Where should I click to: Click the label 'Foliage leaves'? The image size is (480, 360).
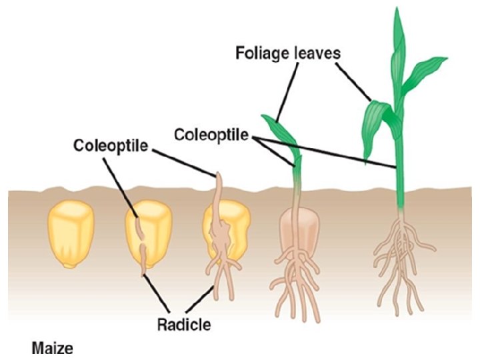point(288,53)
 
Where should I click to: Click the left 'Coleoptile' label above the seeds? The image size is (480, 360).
point(111,145)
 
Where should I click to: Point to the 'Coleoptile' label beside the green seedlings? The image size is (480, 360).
point(211,135)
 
